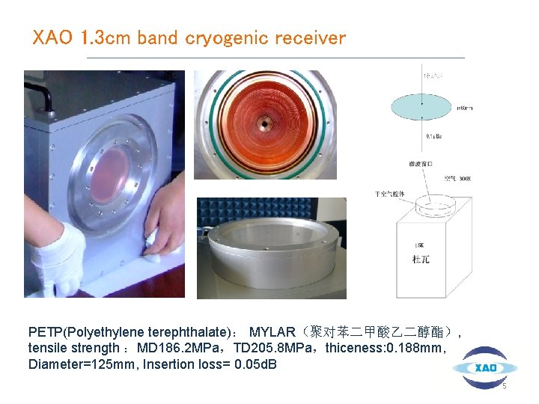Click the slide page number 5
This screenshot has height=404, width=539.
(x=504, y=387)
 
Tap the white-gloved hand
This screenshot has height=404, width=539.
(x=57, y=258)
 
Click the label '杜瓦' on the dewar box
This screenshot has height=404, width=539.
(x=421, y=260)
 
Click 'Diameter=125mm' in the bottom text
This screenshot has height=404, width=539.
(x=71, y=364)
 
